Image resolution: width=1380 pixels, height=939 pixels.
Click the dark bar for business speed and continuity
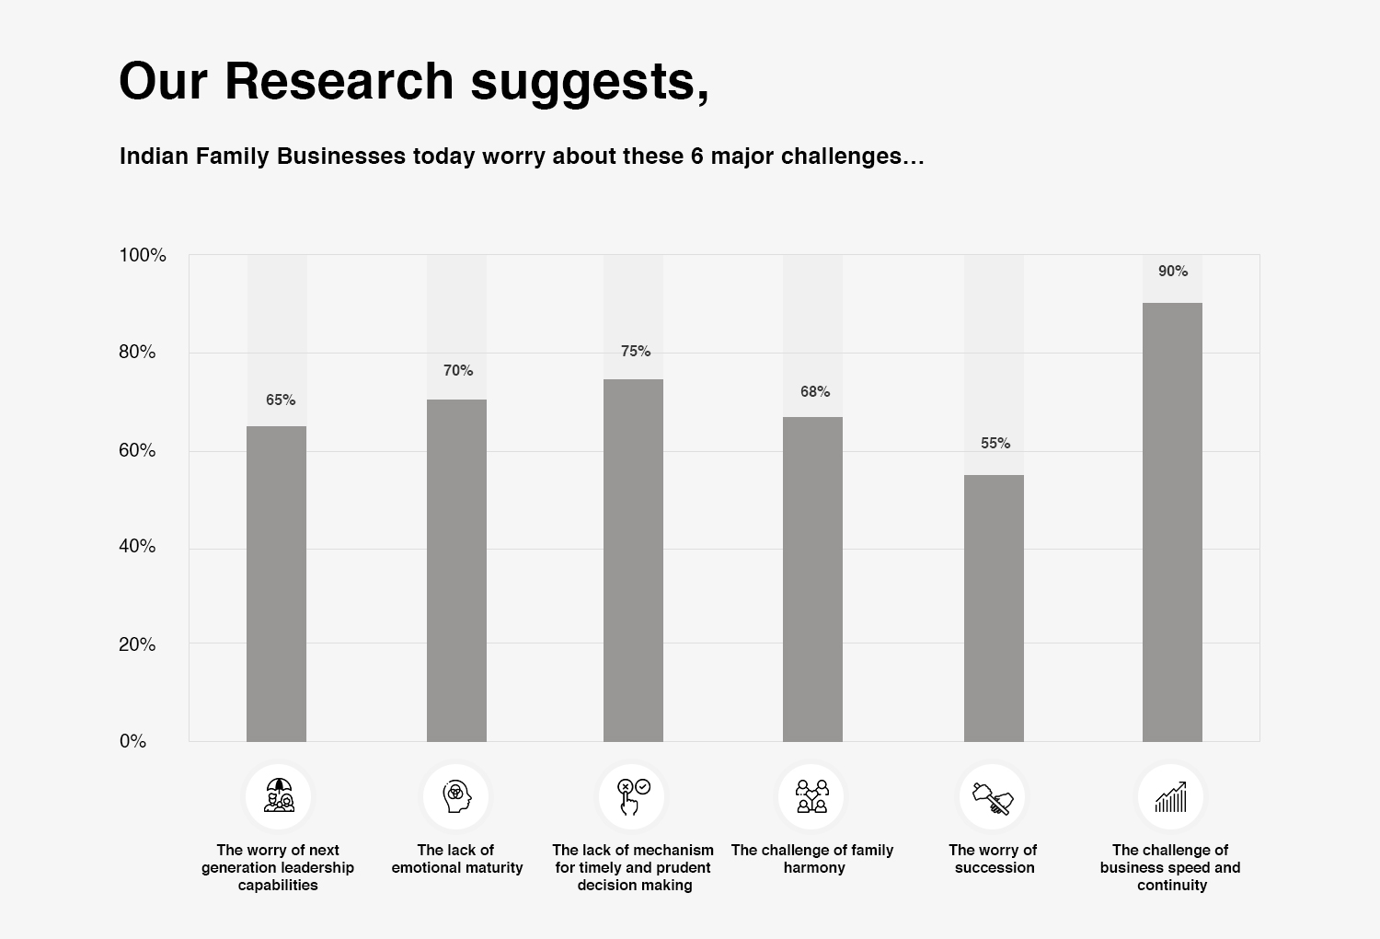click(1172, 522)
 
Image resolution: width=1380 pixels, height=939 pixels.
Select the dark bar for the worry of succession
click(994, 608)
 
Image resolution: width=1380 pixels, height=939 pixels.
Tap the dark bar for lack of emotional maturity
click(456, 570)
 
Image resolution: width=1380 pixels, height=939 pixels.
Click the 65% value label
click(281, 400)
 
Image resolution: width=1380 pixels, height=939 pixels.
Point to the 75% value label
click(636, 351)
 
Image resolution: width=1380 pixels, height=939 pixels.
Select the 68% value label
click(815, 391)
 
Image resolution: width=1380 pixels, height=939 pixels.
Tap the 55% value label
click(995, 443)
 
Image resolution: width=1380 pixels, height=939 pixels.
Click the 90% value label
click(1173, 271)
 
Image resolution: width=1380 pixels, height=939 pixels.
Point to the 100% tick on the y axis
click(143, 255)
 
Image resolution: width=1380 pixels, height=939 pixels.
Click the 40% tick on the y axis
click(137, 546)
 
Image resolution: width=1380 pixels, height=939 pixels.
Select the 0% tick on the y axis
click(132, 741)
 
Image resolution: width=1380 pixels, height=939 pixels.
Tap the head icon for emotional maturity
click(456, 796)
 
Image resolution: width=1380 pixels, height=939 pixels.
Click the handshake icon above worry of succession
click(993, 796)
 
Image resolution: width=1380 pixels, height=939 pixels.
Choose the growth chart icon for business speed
click(1171, 796)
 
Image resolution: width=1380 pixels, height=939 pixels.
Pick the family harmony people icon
click(811, 796)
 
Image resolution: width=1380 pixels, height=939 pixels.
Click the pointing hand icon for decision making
click(632, 796)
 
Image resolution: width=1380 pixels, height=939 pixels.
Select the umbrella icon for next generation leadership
click(279, 796)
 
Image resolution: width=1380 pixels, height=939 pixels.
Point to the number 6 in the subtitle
click(697, 156)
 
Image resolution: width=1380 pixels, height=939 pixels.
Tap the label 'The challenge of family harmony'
click(812, 858)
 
